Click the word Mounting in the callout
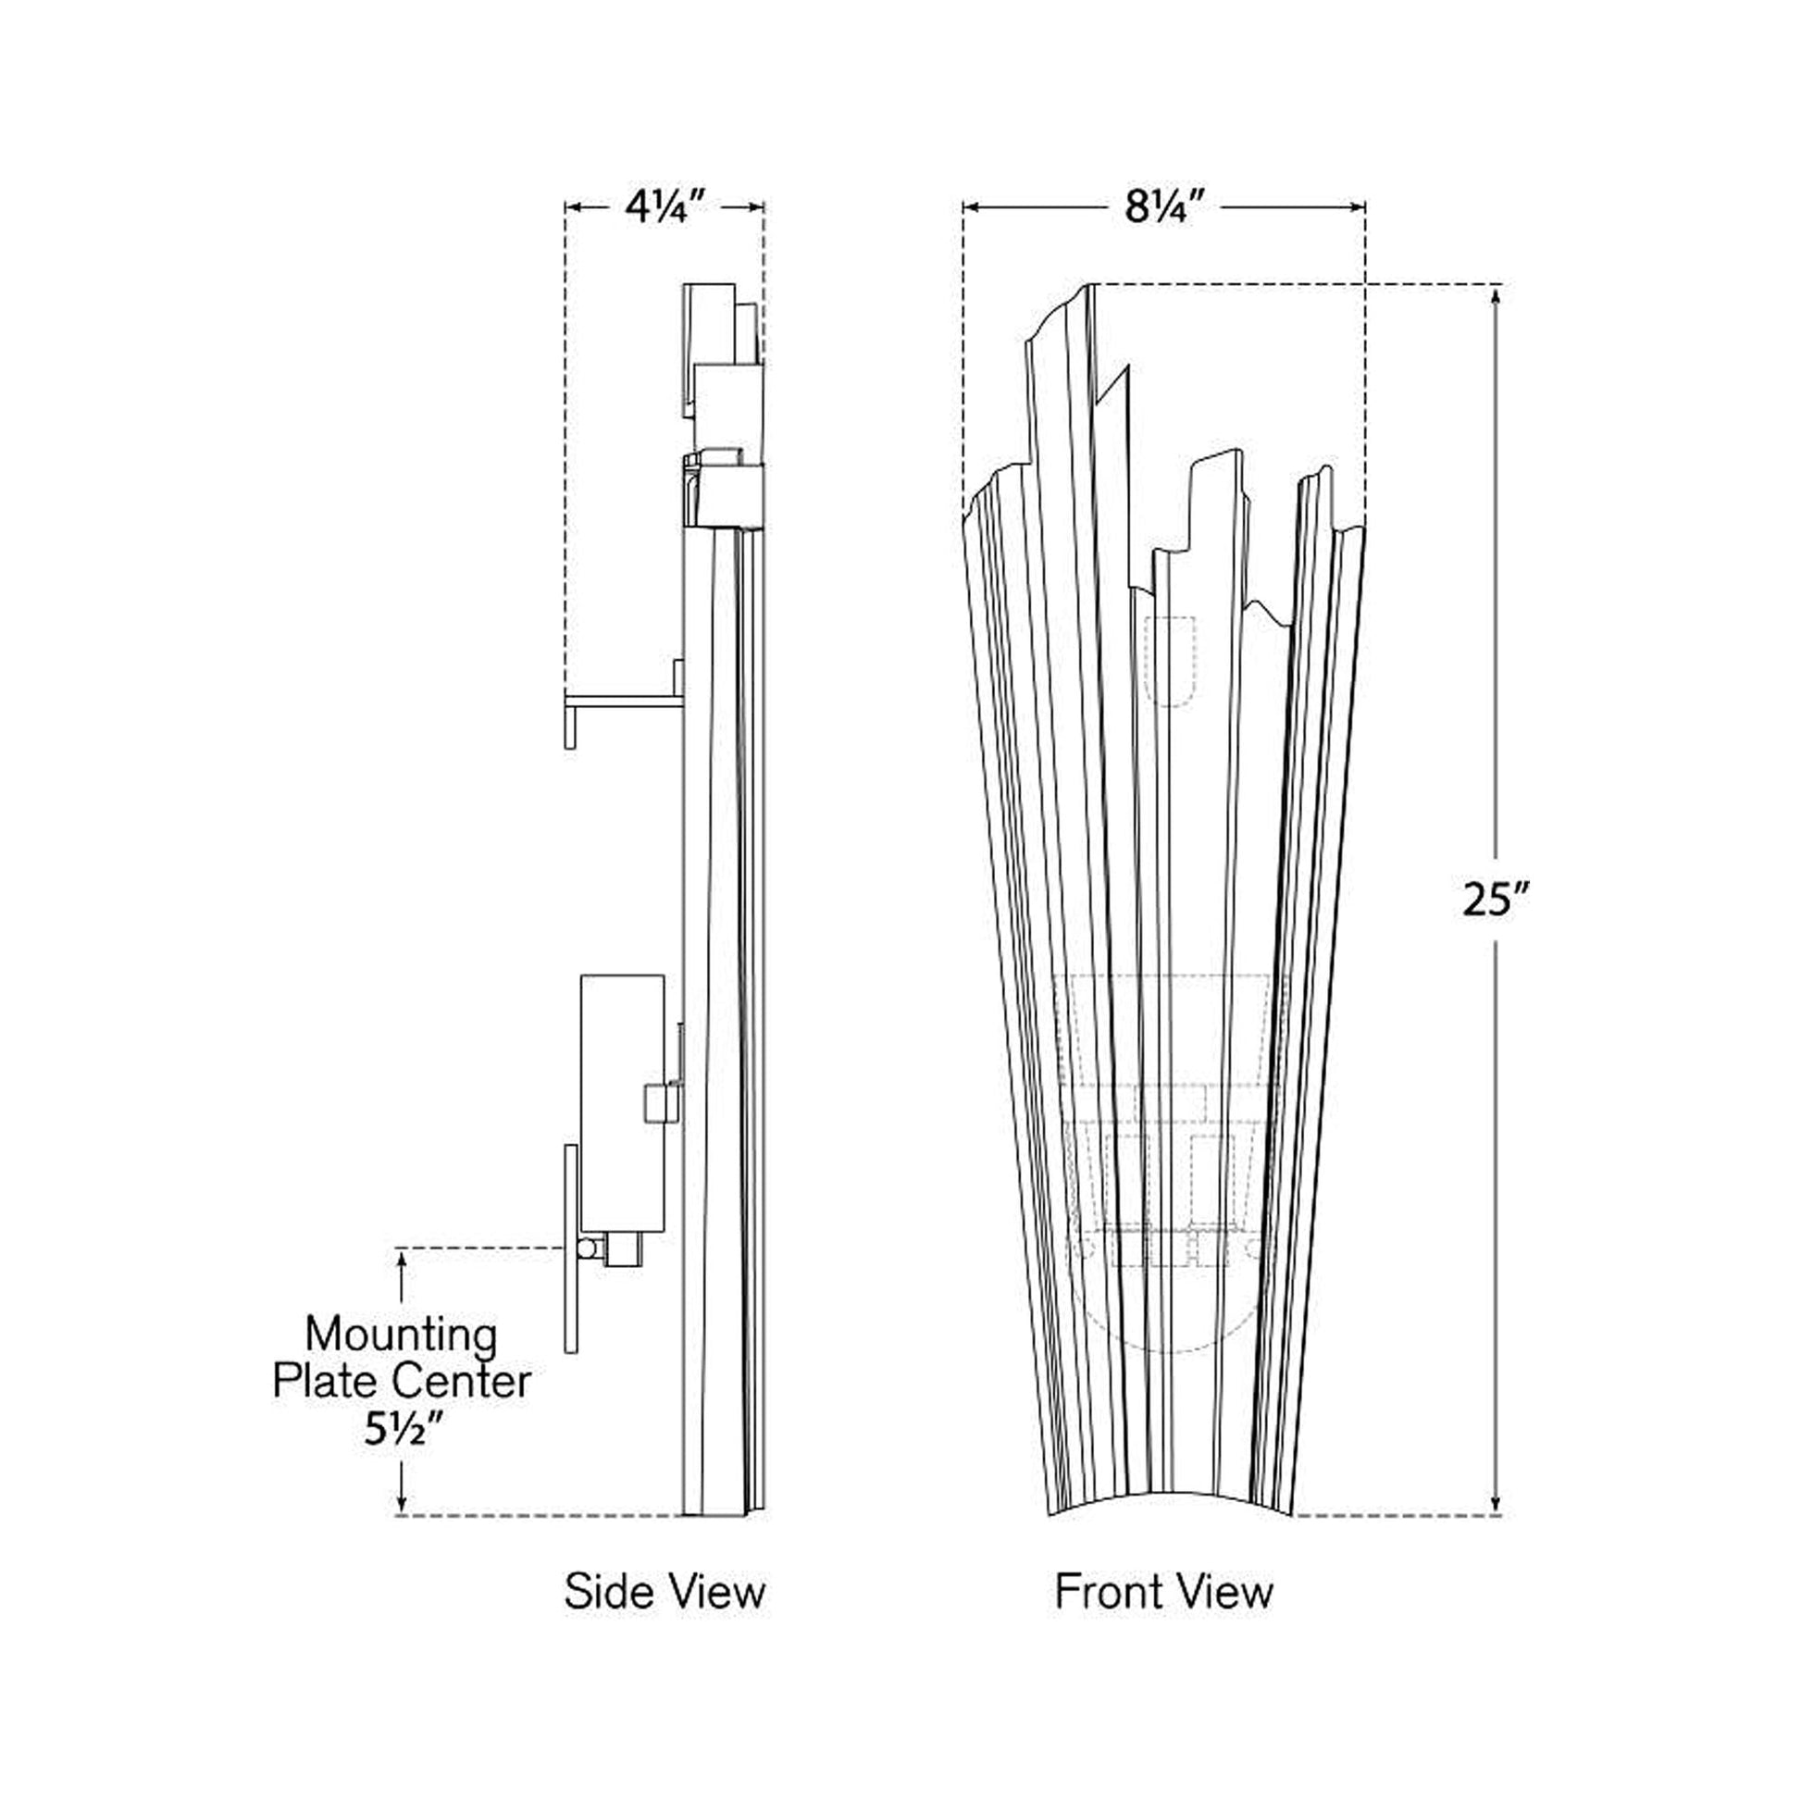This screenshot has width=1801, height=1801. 401,1335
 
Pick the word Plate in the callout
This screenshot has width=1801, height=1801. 326,1382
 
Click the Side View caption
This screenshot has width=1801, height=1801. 664,1590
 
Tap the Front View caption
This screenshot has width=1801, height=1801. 1163,1590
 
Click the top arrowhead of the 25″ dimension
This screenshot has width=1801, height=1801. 1496,296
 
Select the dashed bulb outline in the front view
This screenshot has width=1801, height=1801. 1171,661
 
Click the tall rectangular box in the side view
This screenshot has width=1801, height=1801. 622,1104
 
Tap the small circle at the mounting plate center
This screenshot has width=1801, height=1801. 588,1248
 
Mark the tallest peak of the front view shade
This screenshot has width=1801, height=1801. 1087,287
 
